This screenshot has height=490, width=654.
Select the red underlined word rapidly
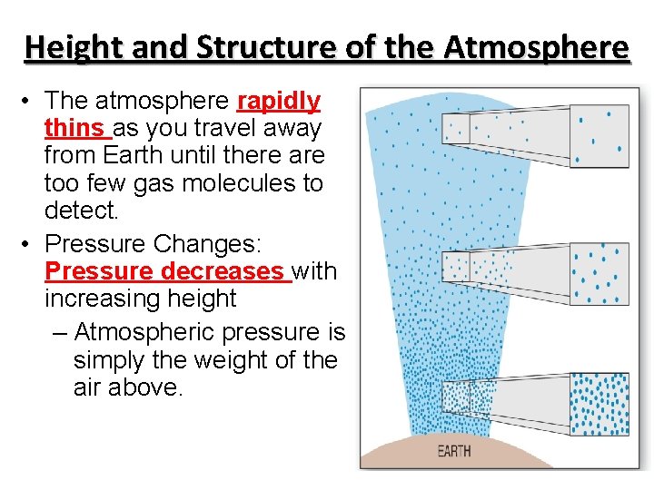tap(278, 100)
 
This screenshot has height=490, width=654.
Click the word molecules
tap(253, 183)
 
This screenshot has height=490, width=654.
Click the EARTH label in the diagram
tap(454, 451)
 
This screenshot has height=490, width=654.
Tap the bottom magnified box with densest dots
tap(599, 403)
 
